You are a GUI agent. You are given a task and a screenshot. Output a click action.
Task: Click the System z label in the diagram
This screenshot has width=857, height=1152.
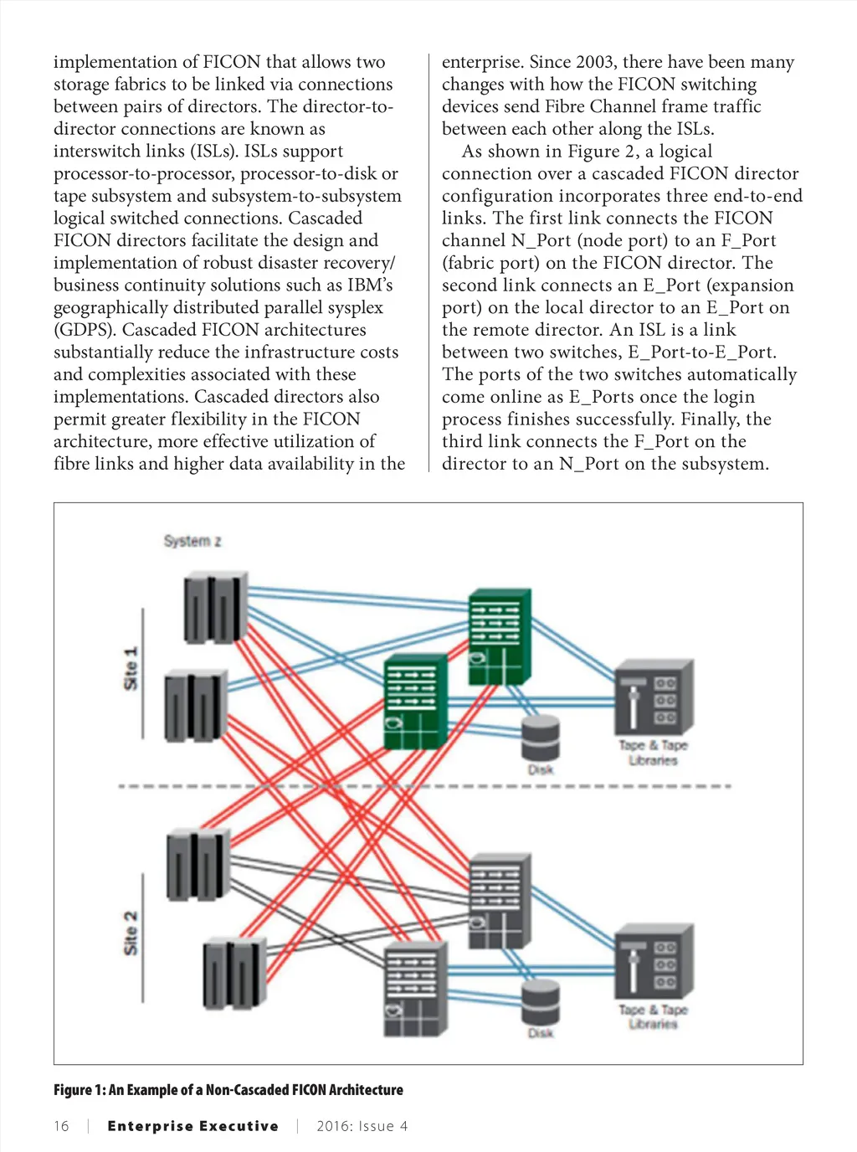pyautogui.click(x=192, y=541)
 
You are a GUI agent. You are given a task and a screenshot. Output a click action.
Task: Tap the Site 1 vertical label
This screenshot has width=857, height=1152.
pyautogui.click(x=131, y=668)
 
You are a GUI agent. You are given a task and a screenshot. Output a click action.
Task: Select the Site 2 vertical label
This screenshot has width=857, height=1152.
pyautogui.click(x=131, y=933)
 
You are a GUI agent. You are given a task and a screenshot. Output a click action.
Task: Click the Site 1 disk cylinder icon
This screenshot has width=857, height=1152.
pyautogui.click(x=540, y=738)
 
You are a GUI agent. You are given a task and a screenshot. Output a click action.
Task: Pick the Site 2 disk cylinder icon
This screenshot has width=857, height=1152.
pyautogui.click(x=540, y=1002)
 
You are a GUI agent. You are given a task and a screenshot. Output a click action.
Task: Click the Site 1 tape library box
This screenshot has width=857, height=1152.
pyautogui.click(x=654, y=698)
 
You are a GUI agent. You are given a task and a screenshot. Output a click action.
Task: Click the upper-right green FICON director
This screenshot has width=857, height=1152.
pyautogui.click(x=500, y=636)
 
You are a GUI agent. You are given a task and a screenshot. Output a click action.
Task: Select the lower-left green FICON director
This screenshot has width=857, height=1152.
pyautogui.click(x=414, y=702)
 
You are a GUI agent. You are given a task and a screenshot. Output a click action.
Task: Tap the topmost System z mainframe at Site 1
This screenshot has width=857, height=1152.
pyautogui.click(x=215, y=607)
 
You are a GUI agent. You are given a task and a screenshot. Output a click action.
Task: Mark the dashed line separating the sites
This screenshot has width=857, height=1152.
pyautogui.click(x=425, y=786)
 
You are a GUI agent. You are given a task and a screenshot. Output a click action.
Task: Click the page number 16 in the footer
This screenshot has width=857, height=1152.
pyautogui.click(x=61, y=1126)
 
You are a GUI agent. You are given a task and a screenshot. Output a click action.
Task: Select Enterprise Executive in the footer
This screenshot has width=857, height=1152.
pyautogui.click(x=192, y=1126)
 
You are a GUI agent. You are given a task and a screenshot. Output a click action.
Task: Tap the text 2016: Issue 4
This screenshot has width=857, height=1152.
pyautogui.click(x=362, y=1126)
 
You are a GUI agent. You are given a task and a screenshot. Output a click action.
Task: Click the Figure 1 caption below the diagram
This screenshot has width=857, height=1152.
pyautogui.click(x=228, y=1089)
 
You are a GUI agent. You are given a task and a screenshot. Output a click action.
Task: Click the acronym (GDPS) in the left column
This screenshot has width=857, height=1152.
pyautogui.click(x=85, y=330)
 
